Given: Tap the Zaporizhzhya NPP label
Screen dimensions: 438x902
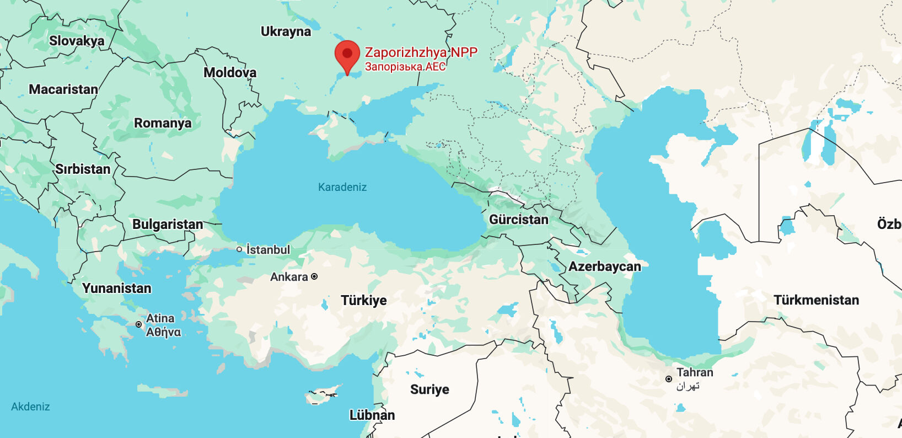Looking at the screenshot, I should point(421,52).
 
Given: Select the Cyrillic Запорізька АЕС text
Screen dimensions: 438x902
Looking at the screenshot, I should point(405,67).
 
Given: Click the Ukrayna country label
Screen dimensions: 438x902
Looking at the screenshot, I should point(286,31).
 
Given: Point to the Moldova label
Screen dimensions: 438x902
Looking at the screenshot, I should point(230,72).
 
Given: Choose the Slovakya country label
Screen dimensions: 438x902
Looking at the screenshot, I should point(77,40).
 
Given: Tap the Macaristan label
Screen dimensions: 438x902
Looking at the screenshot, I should point(63,89).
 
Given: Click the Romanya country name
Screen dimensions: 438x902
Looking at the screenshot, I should point(163,122).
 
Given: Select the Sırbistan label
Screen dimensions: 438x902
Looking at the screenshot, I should point(83,169).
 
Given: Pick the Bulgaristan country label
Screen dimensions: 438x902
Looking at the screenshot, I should point(168,224).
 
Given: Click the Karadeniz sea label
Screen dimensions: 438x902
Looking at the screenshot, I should point(342,187).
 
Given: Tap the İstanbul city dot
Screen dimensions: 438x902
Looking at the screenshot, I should point(239,249).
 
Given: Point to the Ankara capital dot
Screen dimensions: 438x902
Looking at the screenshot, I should point(314,276).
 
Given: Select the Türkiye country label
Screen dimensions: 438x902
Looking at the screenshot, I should point(363,300).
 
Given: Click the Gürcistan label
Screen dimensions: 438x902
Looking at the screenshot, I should point(519,220).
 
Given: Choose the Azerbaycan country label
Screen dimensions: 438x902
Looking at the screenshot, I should point(604,266).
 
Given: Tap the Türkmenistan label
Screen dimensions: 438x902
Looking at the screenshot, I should point(816,300).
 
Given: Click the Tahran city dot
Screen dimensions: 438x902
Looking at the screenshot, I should point(669,379).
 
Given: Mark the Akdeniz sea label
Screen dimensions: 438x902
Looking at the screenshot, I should point(30,407).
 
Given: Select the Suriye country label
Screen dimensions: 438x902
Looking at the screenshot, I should point(429,389).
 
